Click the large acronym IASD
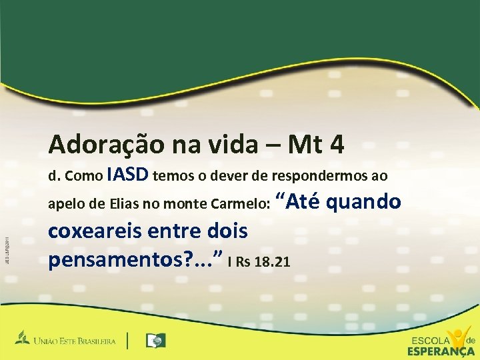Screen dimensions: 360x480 pos(128,175)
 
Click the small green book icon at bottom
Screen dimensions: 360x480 pos(155,341)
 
